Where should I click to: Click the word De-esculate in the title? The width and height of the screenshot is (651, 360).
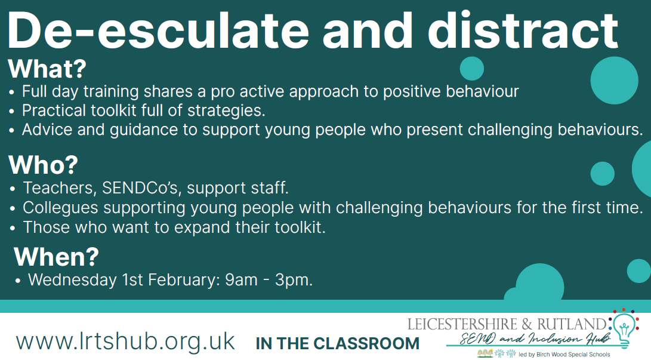point(158,30)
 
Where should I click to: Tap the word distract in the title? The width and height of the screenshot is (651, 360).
point(523,30)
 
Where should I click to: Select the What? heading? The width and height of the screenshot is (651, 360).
point(47,69)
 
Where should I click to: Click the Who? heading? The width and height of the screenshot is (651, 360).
point(43,165)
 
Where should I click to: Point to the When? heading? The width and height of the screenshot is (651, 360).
point(57,257)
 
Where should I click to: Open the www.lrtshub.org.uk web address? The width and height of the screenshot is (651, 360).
point(125,341)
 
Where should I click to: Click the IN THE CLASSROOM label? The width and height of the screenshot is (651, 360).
point(338,343)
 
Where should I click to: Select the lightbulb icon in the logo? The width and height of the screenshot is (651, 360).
point(624,328)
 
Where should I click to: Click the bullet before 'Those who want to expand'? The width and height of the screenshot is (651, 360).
point(13,228)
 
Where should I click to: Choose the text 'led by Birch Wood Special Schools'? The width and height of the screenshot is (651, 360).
point(564,355)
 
